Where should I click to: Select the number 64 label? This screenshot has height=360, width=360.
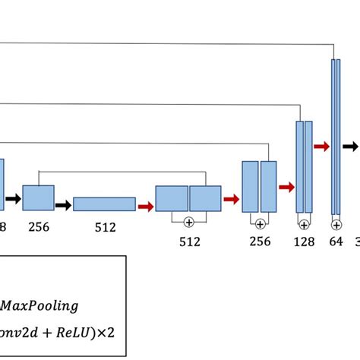pos(336,242)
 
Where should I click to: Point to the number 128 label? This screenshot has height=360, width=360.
pos(304,242)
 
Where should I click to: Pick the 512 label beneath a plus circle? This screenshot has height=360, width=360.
pos(189,242)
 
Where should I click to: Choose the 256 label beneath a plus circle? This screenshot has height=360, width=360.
pos(260,242)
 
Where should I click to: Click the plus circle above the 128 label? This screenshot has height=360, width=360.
pos(304,224)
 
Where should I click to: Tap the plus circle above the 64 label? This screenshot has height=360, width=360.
pos(336,224)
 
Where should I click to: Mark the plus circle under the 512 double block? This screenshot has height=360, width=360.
pos(189,222)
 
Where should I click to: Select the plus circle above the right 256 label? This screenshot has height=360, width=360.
pos(260,223)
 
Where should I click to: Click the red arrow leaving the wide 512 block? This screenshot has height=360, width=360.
pos(146,204)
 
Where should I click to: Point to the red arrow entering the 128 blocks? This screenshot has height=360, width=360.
pos(287,186)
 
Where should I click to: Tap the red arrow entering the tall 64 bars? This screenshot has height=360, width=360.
pos(321,146)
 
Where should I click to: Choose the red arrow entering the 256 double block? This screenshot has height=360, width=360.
pos(231,199)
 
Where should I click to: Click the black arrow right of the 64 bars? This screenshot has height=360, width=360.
pos(349,146)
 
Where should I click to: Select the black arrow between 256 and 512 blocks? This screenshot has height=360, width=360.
pos(63,204)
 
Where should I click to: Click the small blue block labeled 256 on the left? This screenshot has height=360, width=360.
pos(38,197)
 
